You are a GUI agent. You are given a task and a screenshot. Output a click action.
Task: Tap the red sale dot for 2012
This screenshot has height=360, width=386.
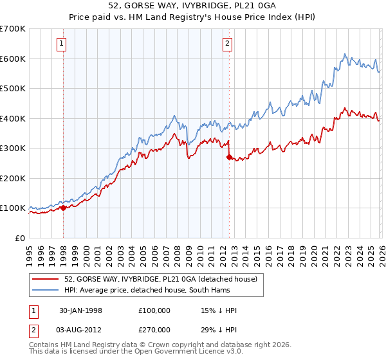228,157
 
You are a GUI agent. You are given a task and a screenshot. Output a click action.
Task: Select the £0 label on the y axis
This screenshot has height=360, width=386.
19,238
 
